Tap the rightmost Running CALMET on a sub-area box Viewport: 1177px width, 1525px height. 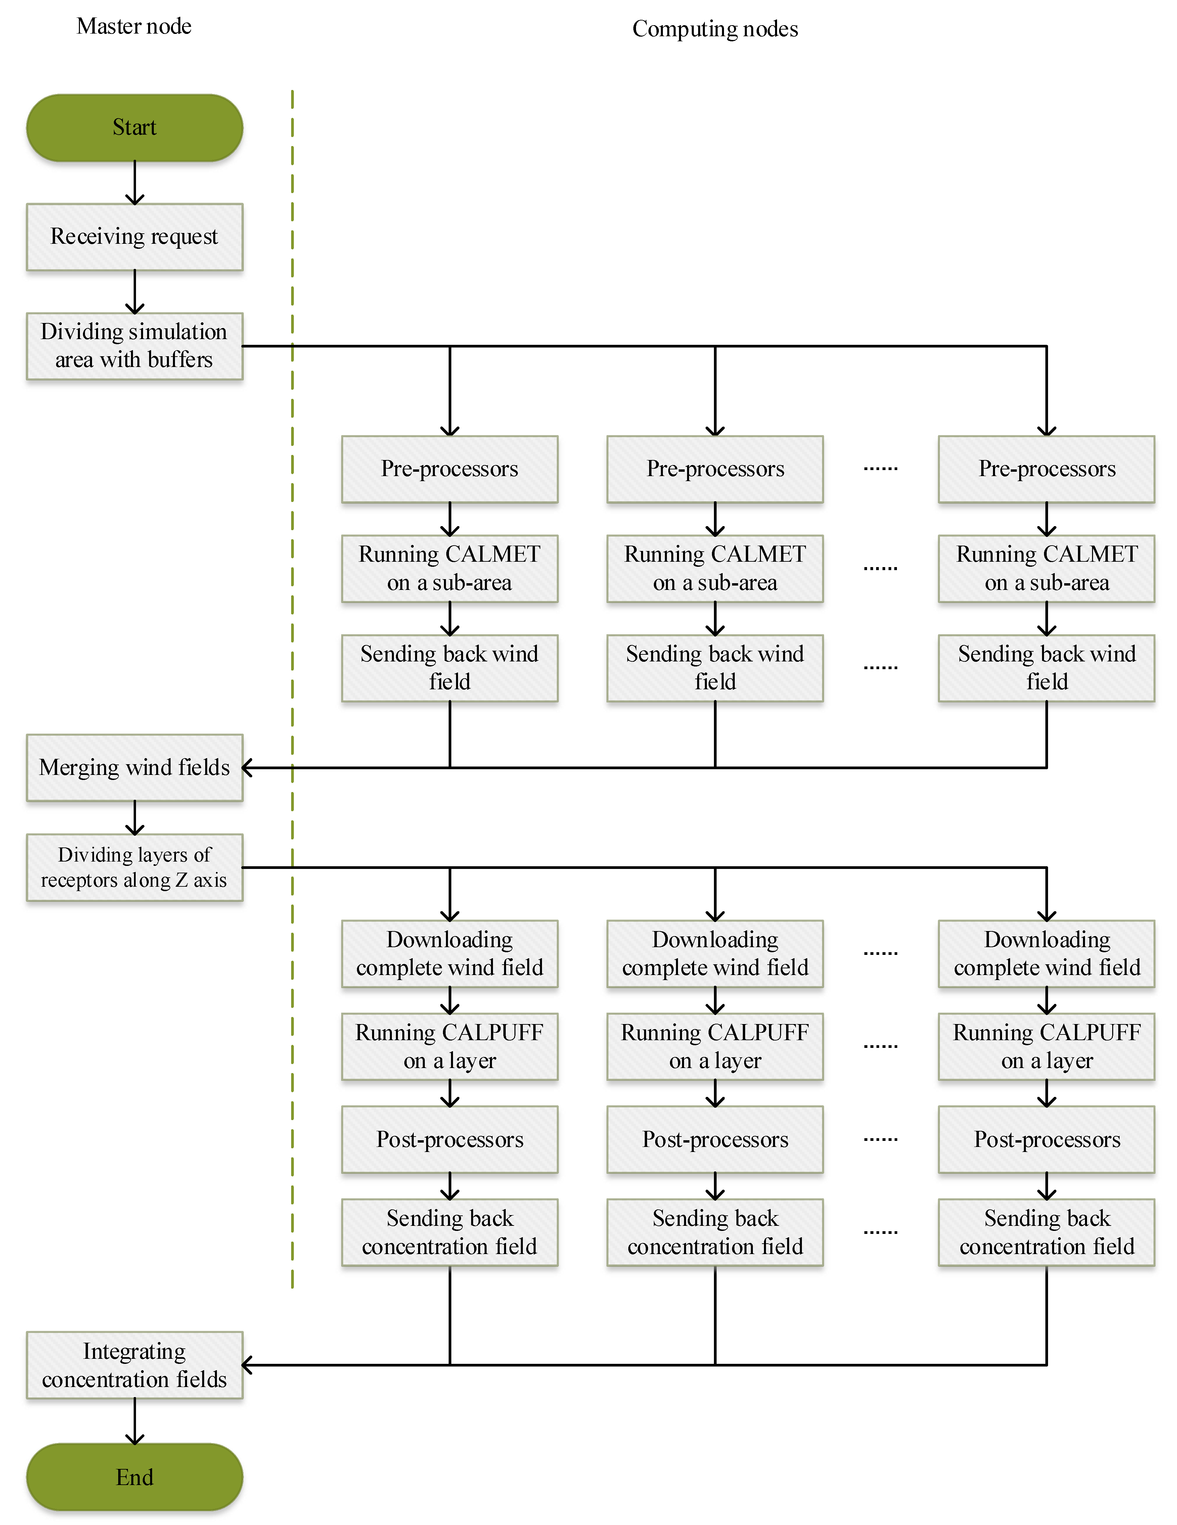[x=1046, y=568]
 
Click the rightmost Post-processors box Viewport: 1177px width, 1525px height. [x=1046, y=1140]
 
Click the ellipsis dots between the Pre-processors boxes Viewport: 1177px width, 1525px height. [x=880, y=468]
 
